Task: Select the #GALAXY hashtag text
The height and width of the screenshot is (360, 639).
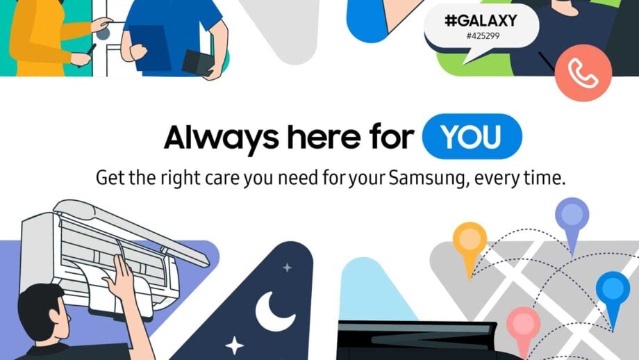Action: (x=481, y=22)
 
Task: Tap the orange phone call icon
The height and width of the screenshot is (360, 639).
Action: (x=583, y=73)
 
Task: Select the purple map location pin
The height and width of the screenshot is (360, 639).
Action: (x=572, y=218)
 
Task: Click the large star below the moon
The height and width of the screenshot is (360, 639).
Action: (x=235, y=345)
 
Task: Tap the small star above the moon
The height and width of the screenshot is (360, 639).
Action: (x=287, y=268)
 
